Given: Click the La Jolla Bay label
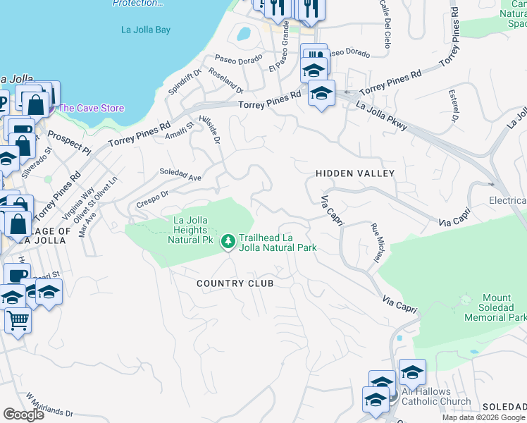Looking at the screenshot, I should click(x=146, y=30).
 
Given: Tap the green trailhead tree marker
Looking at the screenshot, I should click(x=228, y=242).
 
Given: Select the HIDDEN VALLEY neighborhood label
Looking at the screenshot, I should click(x=355, y=173).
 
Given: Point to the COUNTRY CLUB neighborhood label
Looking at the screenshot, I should click(x=235, y=283).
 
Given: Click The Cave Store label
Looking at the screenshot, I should click(x=91, y=108).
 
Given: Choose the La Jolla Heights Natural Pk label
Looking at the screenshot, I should click(x=190, y=230).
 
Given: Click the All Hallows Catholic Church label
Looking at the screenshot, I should click(x=436, y=397).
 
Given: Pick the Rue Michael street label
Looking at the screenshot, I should click(x=376, y=244).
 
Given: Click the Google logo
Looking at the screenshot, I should click(x=23, y=414).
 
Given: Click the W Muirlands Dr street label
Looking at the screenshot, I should click(x=50, y=407).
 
